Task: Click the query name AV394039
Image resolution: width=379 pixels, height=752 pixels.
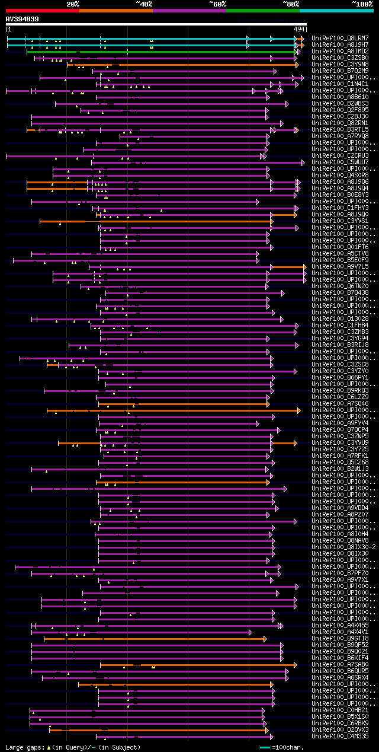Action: [23, 19]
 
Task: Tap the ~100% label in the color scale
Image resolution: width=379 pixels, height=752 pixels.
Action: [362, 4]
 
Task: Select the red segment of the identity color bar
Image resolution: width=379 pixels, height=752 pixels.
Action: [42, 10]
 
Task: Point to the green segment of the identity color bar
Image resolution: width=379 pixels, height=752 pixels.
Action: [262, 10]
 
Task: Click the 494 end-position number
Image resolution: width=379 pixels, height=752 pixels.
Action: [299, 28]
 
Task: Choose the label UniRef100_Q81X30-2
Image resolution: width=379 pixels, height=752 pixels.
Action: [343, 547]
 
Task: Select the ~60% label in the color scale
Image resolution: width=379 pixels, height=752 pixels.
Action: [217, 4]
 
